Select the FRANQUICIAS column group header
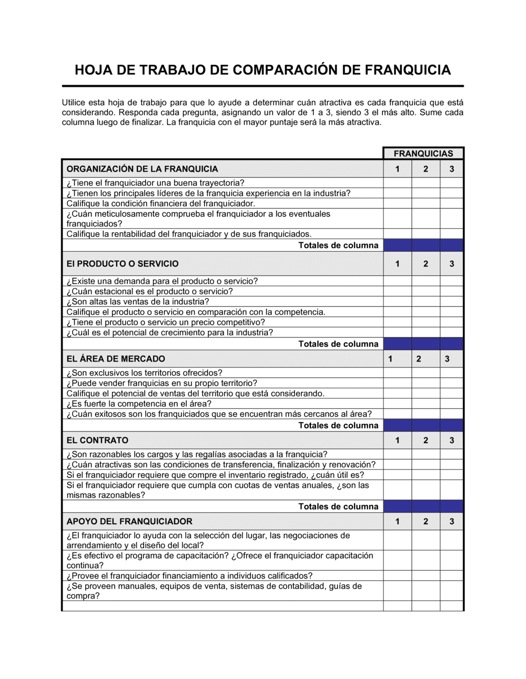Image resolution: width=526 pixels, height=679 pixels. (x=423, y=153)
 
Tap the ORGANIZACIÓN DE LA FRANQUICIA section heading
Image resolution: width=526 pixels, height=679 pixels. (x=142, y=169)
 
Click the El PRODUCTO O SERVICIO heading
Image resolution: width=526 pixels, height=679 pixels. (x=123, y=264)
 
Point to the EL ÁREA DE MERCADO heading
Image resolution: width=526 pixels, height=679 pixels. (x=116, y=359)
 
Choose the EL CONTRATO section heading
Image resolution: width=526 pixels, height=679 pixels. (x=97, y=440)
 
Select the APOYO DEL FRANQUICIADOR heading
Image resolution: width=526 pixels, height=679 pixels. (x=129, y=522)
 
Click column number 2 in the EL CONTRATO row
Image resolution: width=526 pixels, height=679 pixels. (x=426, y=440)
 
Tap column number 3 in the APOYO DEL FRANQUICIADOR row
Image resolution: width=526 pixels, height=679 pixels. (x=451, y=522)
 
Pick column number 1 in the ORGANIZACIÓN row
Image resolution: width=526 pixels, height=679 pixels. (x=397, y=169)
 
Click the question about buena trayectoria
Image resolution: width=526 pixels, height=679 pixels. (x=155, y=183)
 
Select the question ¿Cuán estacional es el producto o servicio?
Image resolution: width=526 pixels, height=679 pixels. (x=149, y=292)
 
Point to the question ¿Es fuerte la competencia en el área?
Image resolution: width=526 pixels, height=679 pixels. (x=139, y=404)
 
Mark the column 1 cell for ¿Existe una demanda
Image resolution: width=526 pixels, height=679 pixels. (x=397, y=281)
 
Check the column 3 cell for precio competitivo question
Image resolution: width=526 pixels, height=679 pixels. (x=451, y=322)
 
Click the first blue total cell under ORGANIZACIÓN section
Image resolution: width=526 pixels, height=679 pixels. (x=397, y=245)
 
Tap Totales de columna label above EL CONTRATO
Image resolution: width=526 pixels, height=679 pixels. (x=338, y=425)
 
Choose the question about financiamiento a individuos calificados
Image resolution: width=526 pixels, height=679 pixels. (x=189, y=576)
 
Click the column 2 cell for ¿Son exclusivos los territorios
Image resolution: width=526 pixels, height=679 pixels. (x=426, y=373)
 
